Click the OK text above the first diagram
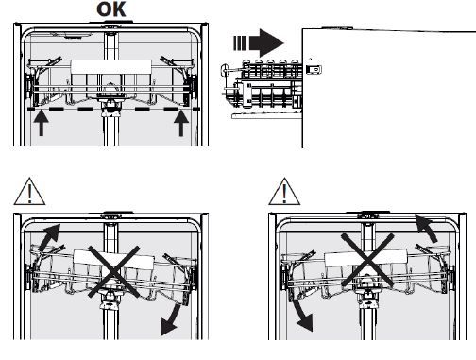[x=111, y=9]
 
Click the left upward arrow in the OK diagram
[x=42, y=123]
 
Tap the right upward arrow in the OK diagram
[x=181, y=123]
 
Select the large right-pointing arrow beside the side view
[x=267, y=43]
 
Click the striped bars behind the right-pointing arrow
[x=240, y=43]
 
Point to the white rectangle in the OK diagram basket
[x=110, y=67]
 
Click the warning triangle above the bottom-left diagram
[x=29, y=192]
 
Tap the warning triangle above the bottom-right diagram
[x=284, y=192]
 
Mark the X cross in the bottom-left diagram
[x=113, y=272]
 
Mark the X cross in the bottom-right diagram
[x=367, y=260]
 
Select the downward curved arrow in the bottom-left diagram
[x=172, y=319]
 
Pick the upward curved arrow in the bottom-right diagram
[x=427, y=229]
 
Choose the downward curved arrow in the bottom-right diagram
[x=301, y=316]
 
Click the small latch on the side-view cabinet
[x=314, y=69]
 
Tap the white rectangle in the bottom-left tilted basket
[x=113, y=260]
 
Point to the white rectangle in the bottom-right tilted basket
[x=366, y=257]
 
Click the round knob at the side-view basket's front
[x=226, y=70]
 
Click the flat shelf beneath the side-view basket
[x=267, y=116]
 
